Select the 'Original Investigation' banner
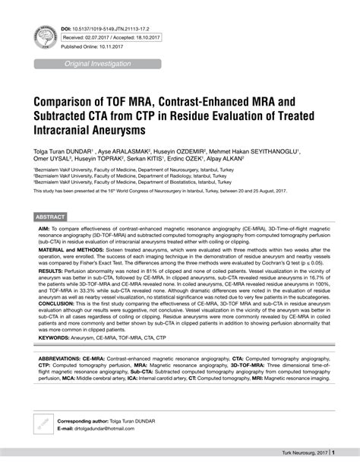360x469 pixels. [98, 64]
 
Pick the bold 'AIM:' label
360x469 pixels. [45, 228]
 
